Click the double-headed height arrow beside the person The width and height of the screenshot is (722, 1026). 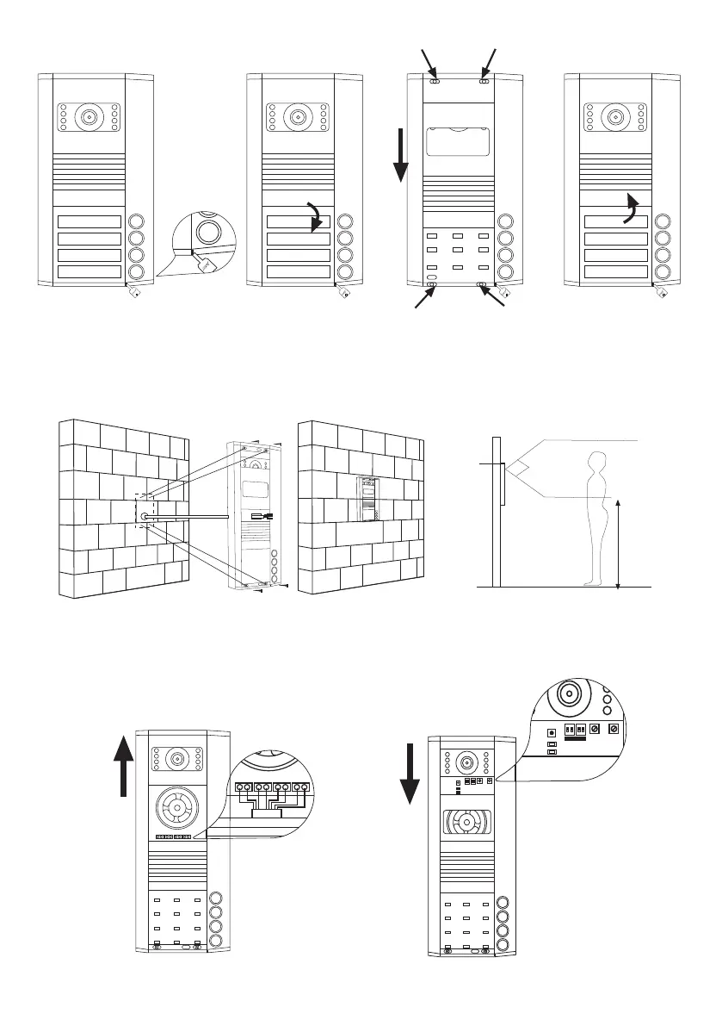pos(618,542)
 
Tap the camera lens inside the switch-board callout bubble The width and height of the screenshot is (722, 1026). pos(569,695)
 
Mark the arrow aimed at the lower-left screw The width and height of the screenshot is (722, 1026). pos(423,298)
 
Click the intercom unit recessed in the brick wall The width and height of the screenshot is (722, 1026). pos(367,498)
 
